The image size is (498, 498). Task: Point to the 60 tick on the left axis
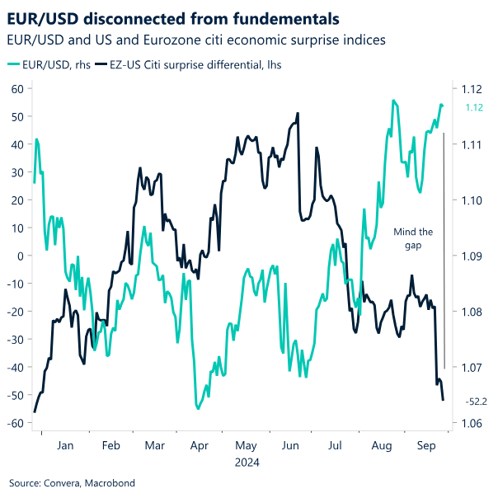(16, 88)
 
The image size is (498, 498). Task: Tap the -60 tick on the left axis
(15, 424)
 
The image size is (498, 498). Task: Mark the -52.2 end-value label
(477, 402)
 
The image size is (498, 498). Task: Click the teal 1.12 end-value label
(474, 107)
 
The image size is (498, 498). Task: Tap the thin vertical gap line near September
(444, 247)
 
